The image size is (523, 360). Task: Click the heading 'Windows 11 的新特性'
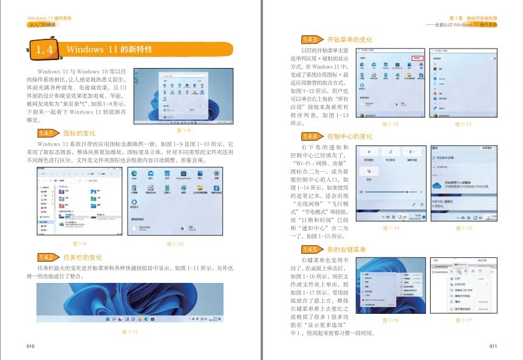pyautogui.click(x=109, y=49)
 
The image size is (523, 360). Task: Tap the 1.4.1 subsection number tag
pyautogui.click(x=47, y=133)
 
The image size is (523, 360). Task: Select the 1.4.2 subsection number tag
pyautogui.click(x=47, y=257)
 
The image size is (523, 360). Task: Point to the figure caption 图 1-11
pyautogui.click(x=129, y=332)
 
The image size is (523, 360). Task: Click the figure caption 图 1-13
pyautogui.click(x=463, y=124)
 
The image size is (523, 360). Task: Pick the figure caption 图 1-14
pyautogui.click(x=391, y=228)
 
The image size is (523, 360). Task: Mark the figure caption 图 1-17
pyautogui.click(x=463, y=320)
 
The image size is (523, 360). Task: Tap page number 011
pyautogui.click(x=493, y=346)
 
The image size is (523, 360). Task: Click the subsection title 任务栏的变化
pyautogui.click(x=83, y=257)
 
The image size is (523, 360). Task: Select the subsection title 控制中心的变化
pyautogui.click(x=349, y=137)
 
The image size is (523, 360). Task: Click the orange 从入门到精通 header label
pyautogui.click(x=42, y=25)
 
